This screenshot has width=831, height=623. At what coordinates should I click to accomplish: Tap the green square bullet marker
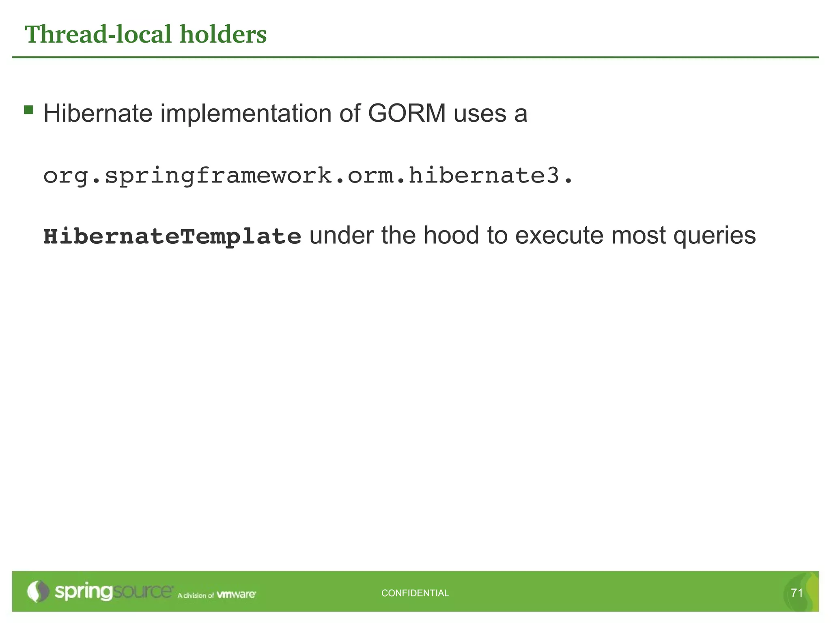28,110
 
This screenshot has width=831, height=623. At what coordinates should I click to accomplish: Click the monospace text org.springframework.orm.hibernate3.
308,176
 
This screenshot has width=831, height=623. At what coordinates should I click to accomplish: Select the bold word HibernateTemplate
172,236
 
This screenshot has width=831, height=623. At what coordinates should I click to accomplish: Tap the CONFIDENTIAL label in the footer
415,593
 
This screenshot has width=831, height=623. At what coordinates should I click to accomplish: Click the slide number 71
797,593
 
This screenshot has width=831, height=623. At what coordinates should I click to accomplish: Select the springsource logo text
114,592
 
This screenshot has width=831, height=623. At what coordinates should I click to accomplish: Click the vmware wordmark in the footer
236,595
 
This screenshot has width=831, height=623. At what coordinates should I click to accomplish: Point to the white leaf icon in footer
38,591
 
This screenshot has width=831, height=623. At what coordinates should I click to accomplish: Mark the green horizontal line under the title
415,58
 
